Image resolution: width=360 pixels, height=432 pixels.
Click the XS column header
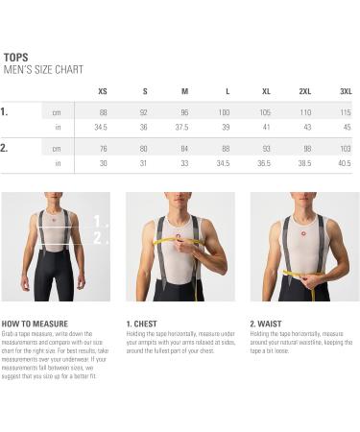coord(101,91)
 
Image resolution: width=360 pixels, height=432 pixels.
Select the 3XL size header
coord(346,91)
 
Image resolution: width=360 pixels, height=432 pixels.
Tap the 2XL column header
coord(305,91)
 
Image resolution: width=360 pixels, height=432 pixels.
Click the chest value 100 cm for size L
coord(224,112)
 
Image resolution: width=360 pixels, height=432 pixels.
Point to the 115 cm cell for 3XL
coord(346,112)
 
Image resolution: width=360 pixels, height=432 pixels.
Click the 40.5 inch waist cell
coord(346,163)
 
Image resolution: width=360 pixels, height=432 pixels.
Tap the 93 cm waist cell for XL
coord(265,149)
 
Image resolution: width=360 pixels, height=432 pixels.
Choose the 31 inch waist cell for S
coord(143,163)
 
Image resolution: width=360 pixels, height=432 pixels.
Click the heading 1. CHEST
coord(142,324)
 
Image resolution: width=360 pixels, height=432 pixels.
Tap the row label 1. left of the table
coord(5,111)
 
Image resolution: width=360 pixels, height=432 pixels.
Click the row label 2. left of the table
coord(5,148)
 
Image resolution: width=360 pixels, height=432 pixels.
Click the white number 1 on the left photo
coord(95,221)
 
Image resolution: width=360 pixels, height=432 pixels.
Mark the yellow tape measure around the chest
coord(178,240)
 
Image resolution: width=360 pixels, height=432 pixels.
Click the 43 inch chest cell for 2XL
coord(305,128)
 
